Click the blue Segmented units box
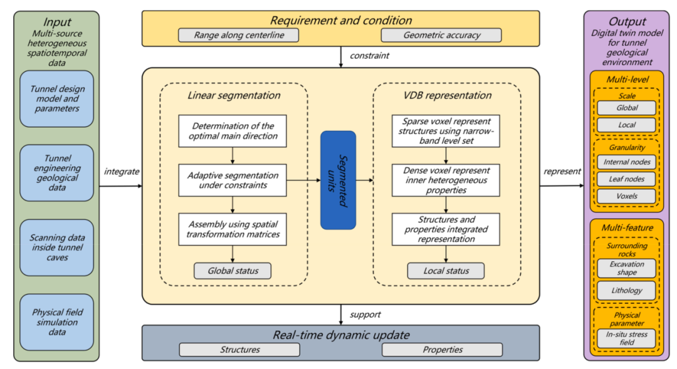(338, 180)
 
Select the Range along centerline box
(238, 35)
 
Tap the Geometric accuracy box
(441, 35)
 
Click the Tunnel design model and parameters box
(56, 98)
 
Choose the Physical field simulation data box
(56, 322)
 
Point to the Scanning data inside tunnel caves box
(56, 247)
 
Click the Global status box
(233, 271)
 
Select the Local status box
(446, 271)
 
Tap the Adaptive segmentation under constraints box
(233, 180)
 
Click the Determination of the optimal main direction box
(233, 131)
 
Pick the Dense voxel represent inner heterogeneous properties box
(446, 180)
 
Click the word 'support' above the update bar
(365, 314)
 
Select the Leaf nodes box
(626, 179)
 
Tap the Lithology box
(626, 290)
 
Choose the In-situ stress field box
(626, 338)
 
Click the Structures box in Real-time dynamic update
(239, 350)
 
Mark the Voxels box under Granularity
(626, 196)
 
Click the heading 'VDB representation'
(446, 96)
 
